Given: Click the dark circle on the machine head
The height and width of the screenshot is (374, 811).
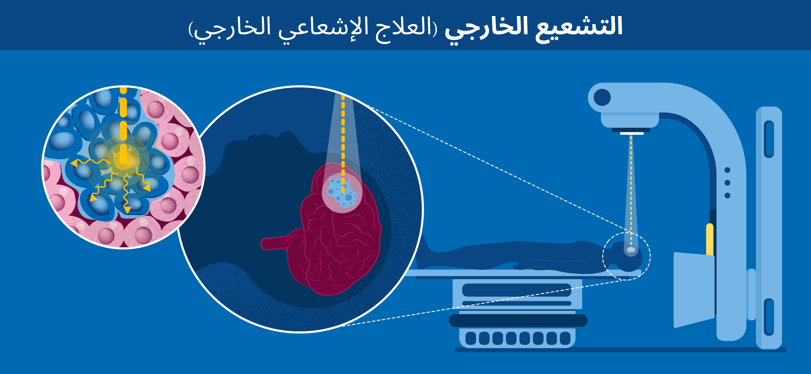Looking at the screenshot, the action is tap(602, 98).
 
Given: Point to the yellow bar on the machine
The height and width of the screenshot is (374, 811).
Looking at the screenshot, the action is tap(710, 239).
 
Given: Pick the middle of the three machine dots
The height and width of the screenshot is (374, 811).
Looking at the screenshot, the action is tap(727, 183).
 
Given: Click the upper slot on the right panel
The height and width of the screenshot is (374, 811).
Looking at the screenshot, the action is tap(769, 139).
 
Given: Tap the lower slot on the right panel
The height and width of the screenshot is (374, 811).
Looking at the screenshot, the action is tap(769, 317).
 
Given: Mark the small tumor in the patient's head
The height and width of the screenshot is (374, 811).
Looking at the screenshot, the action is tap(631, 250).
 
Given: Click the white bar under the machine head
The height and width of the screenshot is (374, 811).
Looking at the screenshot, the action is tap(632, 133).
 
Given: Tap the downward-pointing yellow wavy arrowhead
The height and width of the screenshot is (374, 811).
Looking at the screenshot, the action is tap(127, 210).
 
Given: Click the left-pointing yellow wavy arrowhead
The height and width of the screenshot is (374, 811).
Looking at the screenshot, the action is tap(74, 163).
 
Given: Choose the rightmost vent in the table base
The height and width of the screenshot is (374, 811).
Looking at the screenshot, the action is tap(565, 338).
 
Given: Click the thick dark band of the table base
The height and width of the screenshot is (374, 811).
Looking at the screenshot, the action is tap(518, 321).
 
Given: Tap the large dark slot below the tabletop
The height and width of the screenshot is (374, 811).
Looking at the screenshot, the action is tap(517, 290).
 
